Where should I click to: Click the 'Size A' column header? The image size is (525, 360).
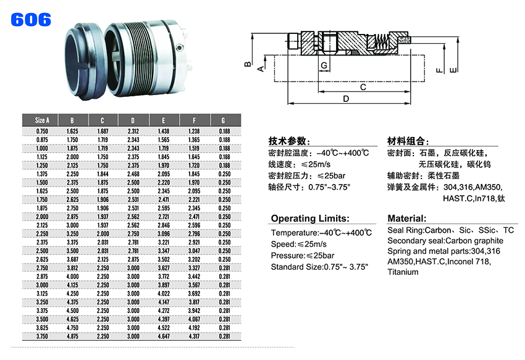(x=42, y=120)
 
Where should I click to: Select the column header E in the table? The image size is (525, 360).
(x=164, y=120)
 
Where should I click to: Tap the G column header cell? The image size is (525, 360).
(x=224, y=120)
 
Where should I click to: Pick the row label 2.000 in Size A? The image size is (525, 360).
(x=42, y=217)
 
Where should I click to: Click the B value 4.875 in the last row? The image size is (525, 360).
(x=72, y=336)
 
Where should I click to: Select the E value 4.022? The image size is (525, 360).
(x=164, y=294)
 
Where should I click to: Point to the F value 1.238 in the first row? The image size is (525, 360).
(x=194, y=132)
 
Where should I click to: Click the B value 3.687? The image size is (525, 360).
(x=72, y=259)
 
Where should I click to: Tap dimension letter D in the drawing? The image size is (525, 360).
(x=346, y=99)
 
